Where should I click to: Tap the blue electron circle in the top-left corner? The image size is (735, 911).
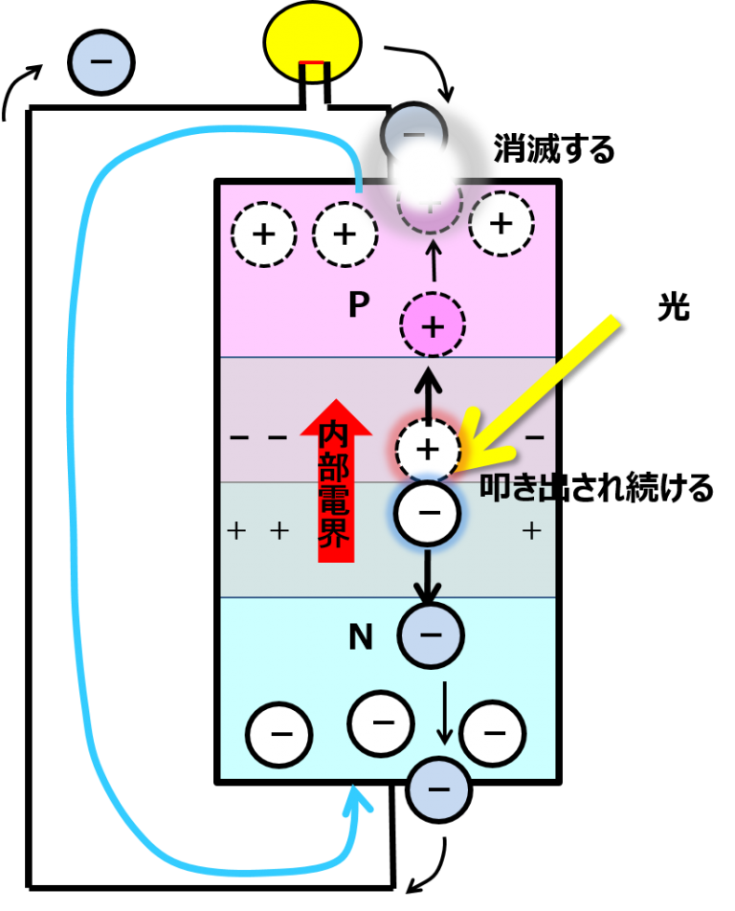101,62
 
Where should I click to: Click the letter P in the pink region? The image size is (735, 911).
358,305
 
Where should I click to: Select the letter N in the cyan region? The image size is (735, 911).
360,637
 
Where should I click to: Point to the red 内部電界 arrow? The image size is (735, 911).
336,478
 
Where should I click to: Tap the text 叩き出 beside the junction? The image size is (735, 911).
517,488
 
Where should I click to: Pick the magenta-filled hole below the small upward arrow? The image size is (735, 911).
433,326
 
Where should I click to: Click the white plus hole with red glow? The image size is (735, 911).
428,449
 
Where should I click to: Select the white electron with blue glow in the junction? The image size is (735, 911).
428,513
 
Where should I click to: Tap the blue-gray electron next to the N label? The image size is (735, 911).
431,634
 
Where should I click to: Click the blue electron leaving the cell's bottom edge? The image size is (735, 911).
438,789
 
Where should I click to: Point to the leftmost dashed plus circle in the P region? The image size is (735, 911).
263,234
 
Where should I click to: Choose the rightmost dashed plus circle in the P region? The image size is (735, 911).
501,224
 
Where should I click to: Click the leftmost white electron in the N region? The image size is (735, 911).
279,735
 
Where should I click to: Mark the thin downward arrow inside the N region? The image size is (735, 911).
444,713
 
